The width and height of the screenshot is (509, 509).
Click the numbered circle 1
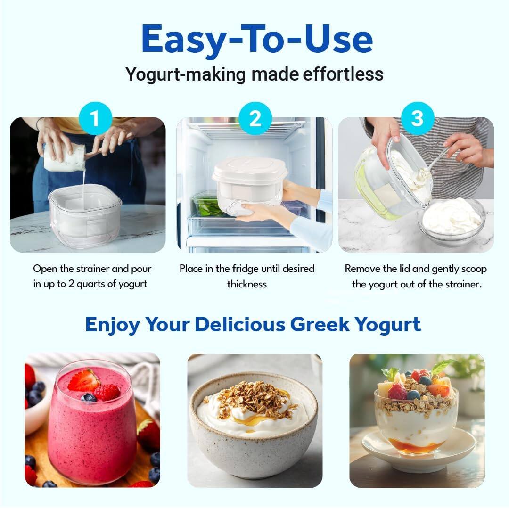tap(96, 118)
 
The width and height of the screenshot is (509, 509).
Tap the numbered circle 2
tap(255, 118)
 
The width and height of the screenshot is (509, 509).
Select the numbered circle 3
tap(417, 118)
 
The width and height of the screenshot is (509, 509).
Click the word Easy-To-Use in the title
tap(257, 39)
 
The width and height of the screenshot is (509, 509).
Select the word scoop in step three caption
tap(473, 269)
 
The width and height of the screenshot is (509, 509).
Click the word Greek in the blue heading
tap(320, 325)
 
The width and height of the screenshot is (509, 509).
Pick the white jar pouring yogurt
tap(64, 158)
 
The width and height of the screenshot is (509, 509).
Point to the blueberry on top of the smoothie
tap(88, 398)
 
